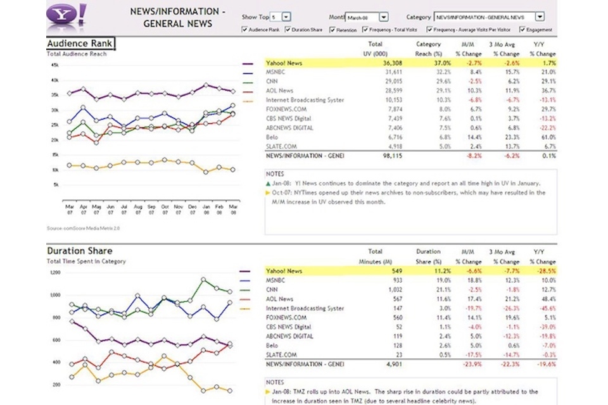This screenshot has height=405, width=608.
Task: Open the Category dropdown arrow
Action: pyautogui.click(x=539, y=17)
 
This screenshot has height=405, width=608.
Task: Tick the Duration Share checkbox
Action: pyautogui.click(x=288, y=30)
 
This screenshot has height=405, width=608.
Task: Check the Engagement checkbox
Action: pyautogui.click(x=522, y=30)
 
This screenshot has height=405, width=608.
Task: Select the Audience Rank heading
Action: pyautogui.click(x=80, y=44)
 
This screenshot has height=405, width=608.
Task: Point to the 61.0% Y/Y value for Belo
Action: pyautogui.click(x=545, y=136)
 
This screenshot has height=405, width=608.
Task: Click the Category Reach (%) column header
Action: pyautogui.click(x=429, y=49)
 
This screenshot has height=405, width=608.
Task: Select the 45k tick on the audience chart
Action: pyautogui.click(x=55, y=65)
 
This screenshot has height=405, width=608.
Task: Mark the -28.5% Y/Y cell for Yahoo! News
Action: pyautogui.click(x=545, y=271)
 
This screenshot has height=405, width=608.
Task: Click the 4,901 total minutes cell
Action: pyautogui.click(x=393, y=364)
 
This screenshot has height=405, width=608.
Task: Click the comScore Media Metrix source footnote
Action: pyautogui.click(x=75, y=228)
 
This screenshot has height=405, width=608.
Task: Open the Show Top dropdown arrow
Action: pyautogui.click(x=286, y=17)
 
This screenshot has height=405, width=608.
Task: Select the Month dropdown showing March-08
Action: pyautogui.click(x=367, y=17)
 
